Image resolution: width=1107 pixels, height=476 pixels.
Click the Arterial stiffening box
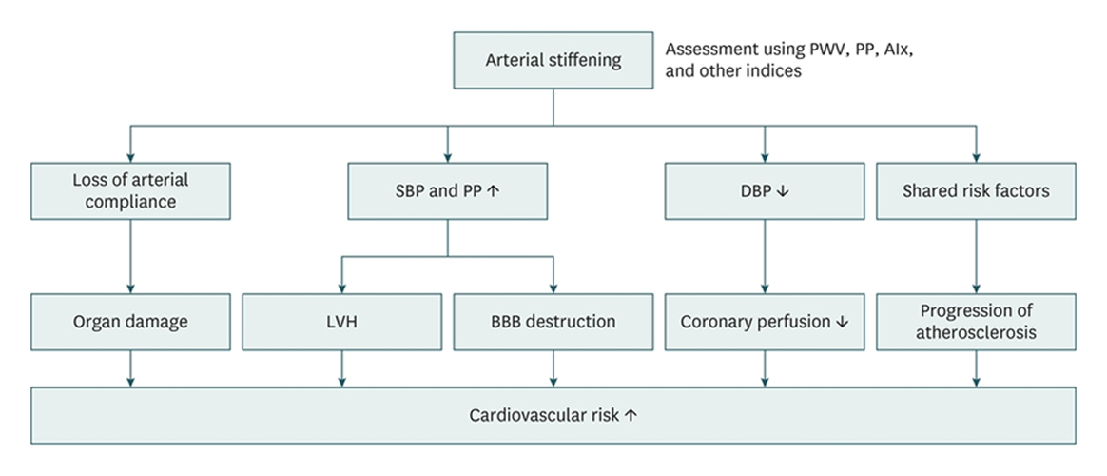pyautogui.click(x=553, y=61)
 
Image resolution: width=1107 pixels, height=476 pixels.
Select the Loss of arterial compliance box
pyautogui.click(x=130, y=190)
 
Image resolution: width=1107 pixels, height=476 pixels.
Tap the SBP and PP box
pyautogui.click(x=447, y=190)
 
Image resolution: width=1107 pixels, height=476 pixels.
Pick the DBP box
pyautogui.click(x=764, y=190)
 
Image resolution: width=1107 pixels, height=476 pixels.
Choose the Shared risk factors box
pyautogui.click(x=976, y=190)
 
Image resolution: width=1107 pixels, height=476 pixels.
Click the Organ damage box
pyautogui.click(x=130, y=321)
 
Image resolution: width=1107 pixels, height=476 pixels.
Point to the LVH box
pyautogui.click(x=341, y=321)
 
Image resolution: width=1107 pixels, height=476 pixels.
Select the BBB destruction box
pyautogui.click(x=553, y=321)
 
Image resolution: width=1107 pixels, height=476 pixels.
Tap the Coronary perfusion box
pyautogui.click(x=764, y=321)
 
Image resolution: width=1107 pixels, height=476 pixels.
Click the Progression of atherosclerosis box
pyautogui.click(x=976, y=321)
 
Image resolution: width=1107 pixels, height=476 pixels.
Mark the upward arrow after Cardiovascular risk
pyautogui.click(x=631, y=416)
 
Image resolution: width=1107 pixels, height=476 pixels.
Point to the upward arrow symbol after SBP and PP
pyautogui.click(x=493, y=190)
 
